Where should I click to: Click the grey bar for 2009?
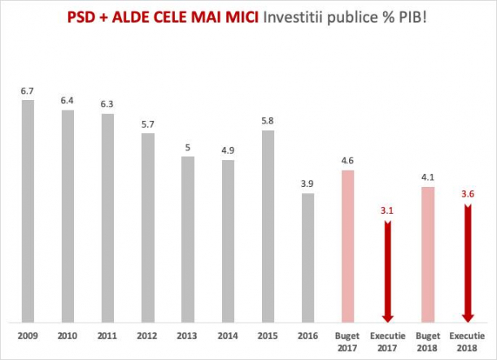click(28, 211)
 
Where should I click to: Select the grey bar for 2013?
click(188, 240)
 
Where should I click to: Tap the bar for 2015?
click(268, 226)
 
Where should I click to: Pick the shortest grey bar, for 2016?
click(307, 258)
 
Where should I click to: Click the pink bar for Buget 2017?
click(347, 245)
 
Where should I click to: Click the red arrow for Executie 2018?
click(468, 264)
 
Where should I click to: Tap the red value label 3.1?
click(388, 211)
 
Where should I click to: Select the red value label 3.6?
click(468, 195)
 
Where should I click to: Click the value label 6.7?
click(28, 90)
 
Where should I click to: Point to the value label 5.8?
click(268, 120)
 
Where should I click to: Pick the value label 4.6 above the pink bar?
click(347, 160)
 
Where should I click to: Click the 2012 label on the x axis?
click(148, 336)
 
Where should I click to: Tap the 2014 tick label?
click(228, 336)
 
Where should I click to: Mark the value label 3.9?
click(307, 184)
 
